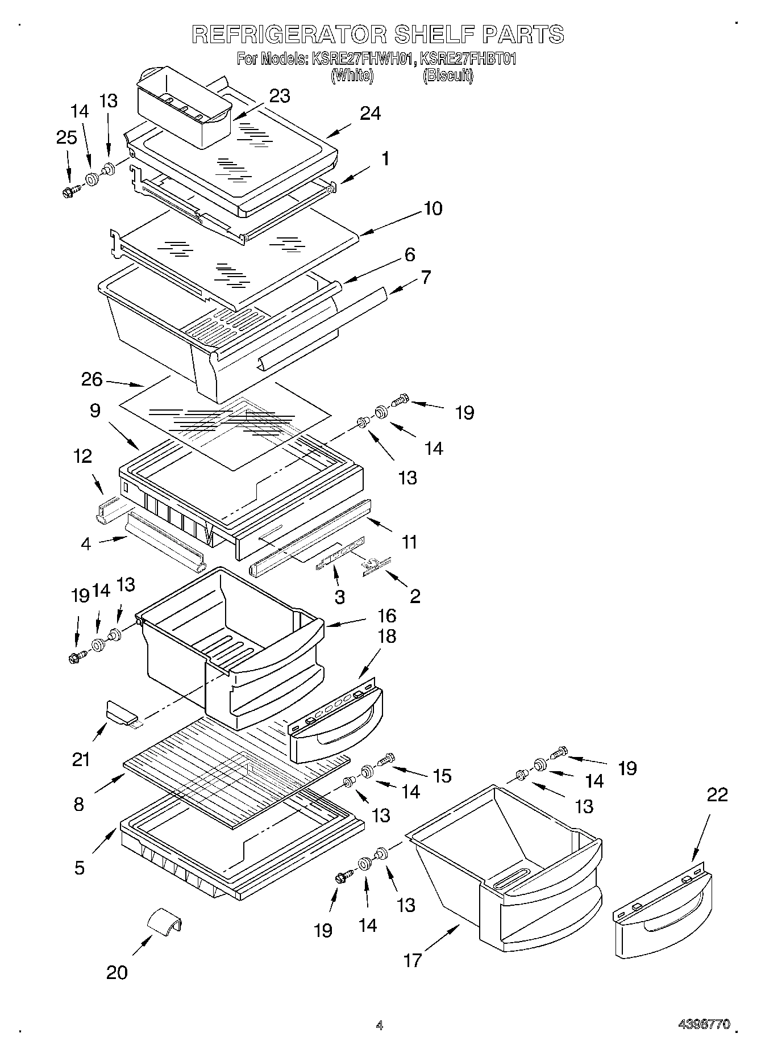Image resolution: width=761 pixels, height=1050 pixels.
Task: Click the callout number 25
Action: coord(66,137)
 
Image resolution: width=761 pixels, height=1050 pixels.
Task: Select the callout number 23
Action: coord(279,96)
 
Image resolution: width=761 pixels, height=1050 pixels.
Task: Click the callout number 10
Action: coord(433,208)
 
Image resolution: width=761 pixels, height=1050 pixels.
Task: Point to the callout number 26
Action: coord(92,379)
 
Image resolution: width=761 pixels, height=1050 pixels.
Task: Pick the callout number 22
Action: coord(717,794)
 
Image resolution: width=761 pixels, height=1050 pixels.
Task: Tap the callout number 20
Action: coord(117,972)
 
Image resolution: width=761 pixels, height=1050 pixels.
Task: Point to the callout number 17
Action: coord(413,960)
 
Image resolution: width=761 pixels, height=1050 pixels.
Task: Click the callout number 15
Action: coord(442,775)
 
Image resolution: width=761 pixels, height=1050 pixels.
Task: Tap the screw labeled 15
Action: coord(386,759)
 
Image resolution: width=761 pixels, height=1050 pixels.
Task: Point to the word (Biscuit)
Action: coord(447,76)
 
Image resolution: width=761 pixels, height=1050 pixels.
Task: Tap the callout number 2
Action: coord(415,596)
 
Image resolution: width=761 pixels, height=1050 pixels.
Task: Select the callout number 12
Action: coord(83,456)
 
